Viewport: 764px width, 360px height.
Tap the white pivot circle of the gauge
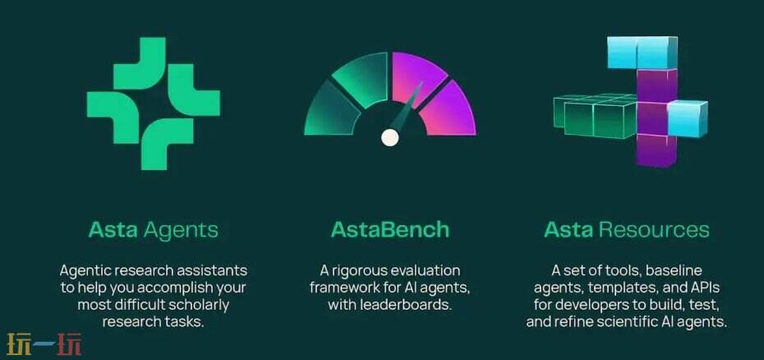click(389, 137)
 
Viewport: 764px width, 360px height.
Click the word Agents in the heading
click(181, 230)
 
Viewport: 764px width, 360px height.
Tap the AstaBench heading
click(389, 229)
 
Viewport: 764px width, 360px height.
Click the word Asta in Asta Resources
click(568, 229)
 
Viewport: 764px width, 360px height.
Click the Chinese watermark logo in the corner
click(44, 344)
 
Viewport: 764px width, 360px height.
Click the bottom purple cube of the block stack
click(656, 150)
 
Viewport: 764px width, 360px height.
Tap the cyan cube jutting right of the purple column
click(687, 118)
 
